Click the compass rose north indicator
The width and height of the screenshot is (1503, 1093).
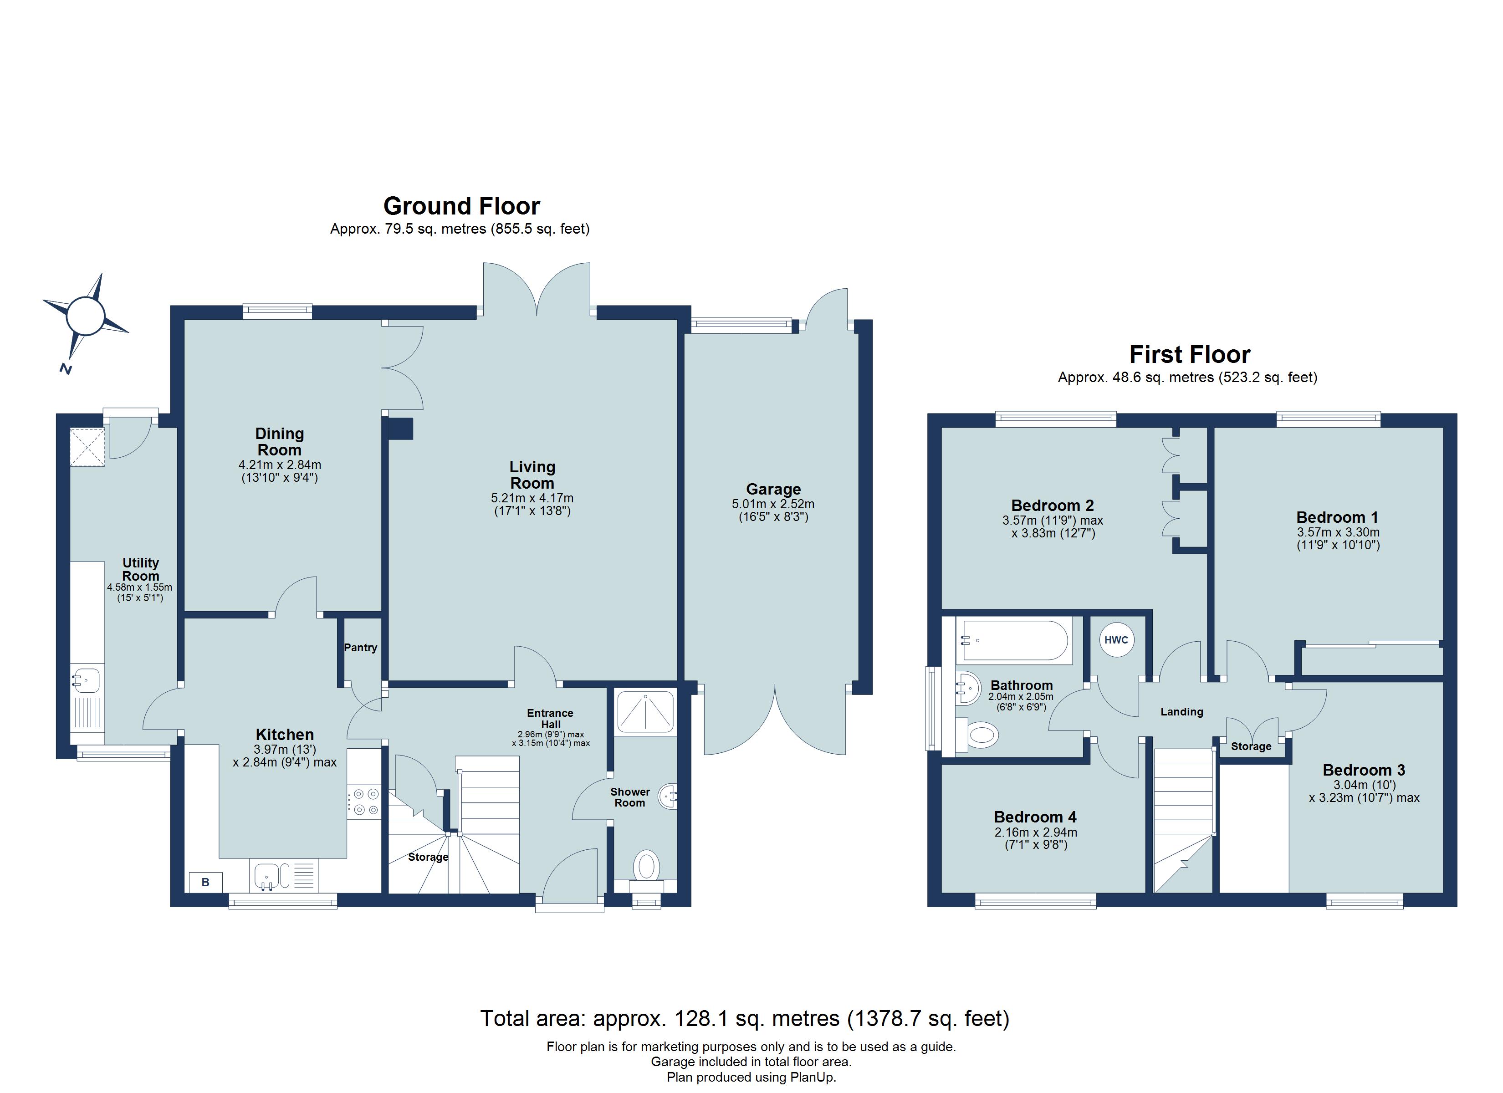pos(66,368)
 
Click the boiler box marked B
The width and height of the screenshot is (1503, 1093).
pos(205,882)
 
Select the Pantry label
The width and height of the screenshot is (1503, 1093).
pos(361,648)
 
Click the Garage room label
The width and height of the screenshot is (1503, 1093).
pos(773,489)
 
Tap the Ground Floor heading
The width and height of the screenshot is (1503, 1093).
pos(462,206)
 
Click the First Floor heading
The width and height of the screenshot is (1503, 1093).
pos(1190,355)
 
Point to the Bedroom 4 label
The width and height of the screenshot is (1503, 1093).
pos(1035,817)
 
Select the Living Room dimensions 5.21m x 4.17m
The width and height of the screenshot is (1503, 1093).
pos(532,498)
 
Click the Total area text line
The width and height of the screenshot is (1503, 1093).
pos(744,1018)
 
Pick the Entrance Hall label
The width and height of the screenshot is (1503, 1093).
pos(550,719)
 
